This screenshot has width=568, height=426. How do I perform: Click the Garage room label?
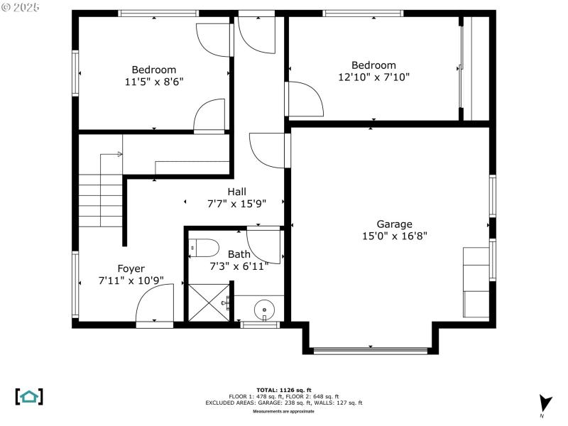coord(394,224)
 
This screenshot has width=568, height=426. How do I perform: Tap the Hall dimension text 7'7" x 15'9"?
coord(236,203)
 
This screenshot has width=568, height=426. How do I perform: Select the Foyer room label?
coord(131,268)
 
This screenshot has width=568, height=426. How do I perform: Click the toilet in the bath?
coord(203,248)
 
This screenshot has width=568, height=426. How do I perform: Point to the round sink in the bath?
coord(264,310)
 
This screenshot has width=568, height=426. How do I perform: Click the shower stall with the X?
coord(207,303)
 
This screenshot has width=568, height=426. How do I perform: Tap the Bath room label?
coord(239,254)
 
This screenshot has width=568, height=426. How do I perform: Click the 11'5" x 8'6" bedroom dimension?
coord(153,82)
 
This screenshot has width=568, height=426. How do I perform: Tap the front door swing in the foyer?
coord(155,305)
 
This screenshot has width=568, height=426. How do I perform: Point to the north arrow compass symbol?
coord(544,404)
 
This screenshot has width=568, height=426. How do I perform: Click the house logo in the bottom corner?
coord(29,396)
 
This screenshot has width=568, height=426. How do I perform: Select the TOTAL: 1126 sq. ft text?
coord(283,390)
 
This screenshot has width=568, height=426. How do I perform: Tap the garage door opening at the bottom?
coord(370,349)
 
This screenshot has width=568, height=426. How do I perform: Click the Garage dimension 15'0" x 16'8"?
coord(394,236)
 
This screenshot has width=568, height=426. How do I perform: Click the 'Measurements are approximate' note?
coord(283,411)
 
